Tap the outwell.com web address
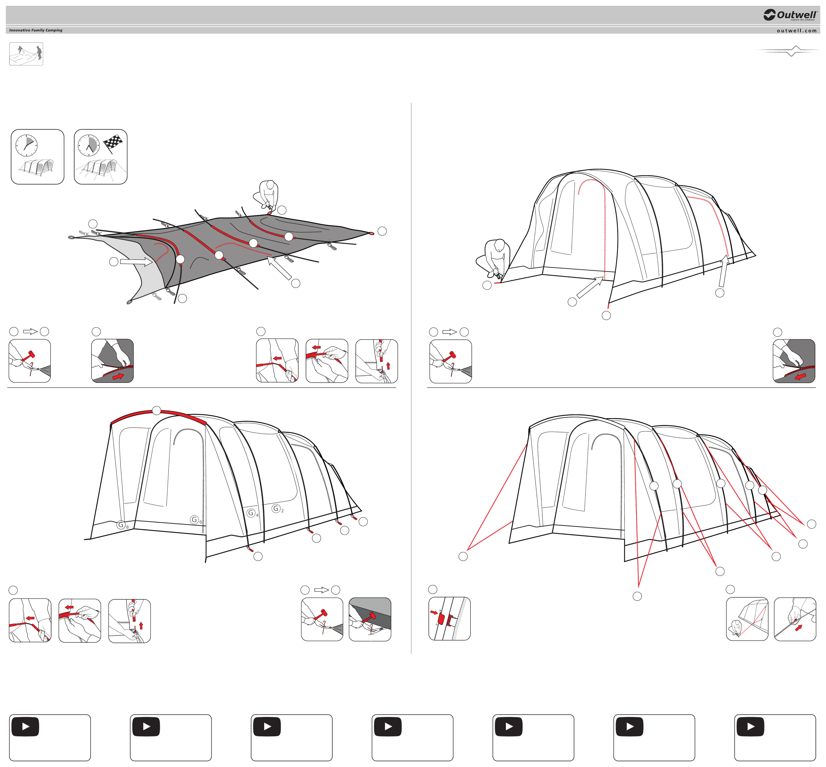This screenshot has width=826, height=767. click(x=796, y=30)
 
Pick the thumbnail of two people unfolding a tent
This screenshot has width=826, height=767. click(x=26, y=54)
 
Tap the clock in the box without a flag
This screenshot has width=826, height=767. click(x=26, y=145)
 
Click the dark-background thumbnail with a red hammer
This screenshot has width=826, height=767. click(x=370, y=619)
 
